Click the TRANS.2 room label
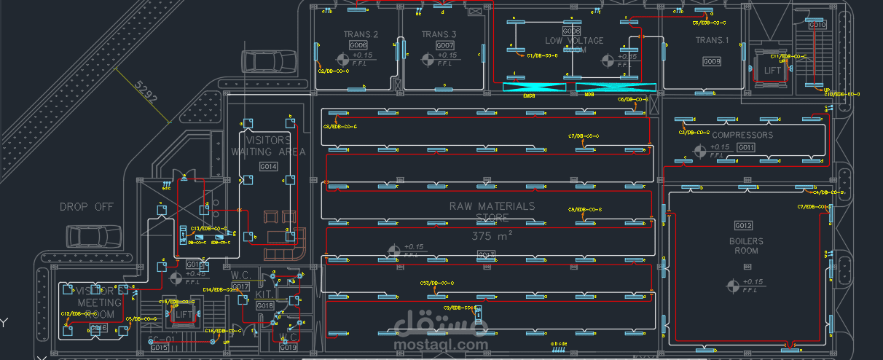tap(361, 35)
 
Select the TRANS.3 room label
tap(439, 35)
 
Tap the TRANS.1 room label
tap(711, 41)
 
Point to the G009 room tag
tap(711, 62)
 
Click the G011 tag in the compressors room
tap(746, 148)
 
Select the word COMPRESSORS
tap(742, 135)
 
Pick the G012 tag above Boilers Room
tap(743, 225)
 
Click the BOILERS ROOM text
tap(746, 246)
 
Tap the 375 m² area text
tap(492, 235)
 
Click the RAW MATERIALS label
tap(492, 206)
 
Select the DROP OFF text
tap(87, 207)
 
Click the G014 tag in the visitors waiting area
tap(269, 167)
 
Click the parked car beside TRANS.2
tap(270, 62)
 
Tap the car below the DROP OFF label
tap(94, 236)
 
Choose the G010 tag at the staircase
tap(817, 26)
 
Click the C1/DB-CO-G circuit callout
tap(542, 55)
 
